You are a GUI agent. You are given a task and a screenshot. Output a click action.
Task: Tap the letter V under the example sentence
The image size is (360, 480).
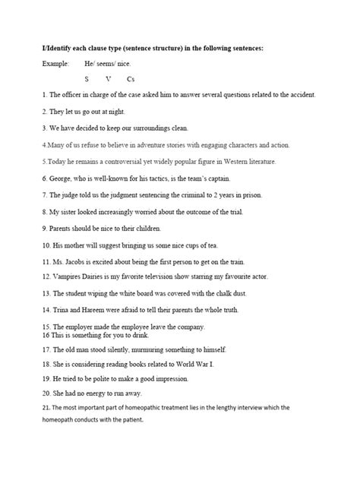(109, 78)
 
